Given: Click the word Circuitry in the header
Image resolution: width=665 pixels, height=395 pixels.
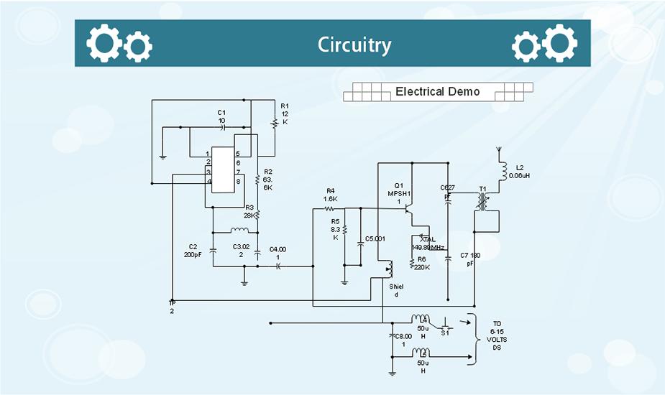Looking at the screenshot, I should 354,45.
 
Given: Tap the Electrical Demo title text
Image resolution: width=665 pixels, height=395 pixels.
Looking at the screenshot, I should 437,92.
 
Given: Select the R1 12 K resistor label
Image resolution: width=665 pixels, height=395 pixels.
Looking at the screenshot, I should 285,113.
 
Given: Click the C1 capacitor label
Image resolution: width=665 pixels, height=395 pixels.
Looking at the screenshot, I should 221,116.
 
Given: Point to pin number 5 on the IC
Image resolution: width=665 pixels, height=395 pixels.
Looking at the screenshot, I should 237,154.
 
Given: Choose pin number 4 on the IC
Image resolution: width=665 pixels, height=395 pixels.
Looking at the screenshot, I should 208,182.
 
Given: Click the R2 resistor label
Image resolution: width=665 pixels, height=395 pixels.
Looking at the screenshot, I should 267,180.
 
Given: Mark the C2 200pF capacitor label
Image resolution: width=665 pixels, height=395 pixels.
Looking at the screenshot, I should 193,251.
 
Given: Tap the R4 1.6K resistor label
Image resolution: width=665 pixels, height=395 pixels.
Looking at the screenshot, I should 331,194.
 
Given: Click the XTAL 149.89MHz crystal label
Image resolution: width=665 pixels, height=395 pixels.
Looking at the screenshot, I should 428,243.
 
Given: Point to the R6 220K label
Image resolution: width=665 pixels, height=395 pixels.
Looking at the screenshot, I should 422,263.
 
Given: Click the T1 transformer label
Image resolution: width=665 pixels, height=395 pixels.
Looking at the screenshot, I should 483,190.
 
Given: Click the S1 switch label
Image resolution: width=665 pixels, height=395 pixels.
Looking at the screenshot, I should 445,333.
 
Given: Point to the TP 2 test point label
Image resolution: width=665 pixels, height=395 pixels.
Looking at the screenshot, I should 172,307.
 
